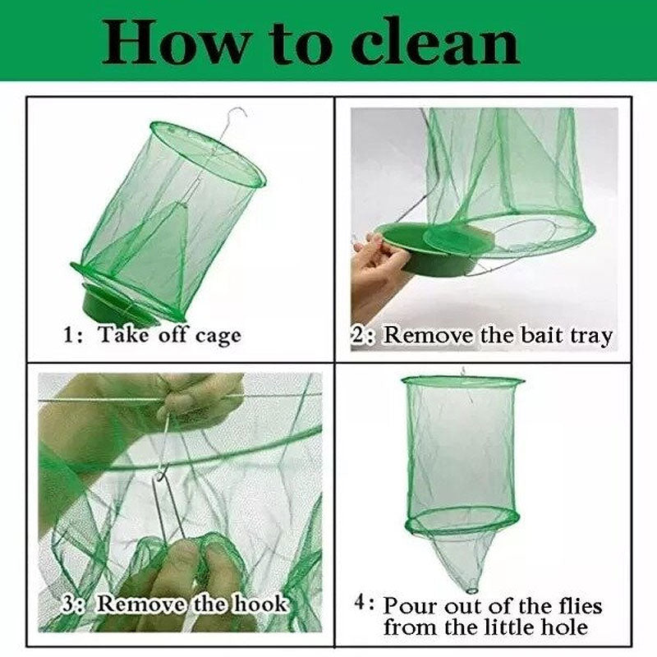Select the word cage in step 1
click(218, 337)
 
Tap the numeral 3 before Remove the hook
click(71, 604)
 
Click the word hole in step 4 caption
click(565, 627)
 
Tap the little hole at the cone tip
click(474, 587)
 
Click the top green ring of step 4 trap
click(462, 381)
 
